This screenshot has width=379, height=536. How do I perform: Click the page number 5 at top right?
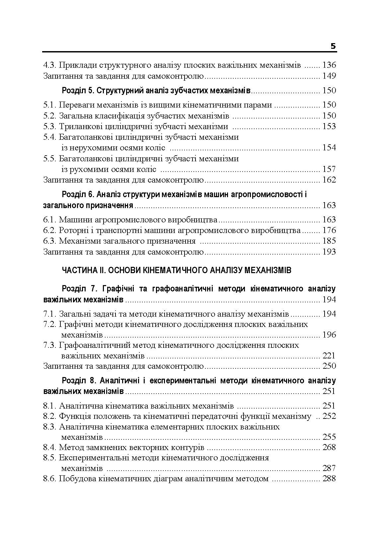pyautogui.click(x=333, y=46)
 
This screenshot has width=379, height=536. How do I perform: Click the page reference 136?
pyautogui.click(x=329, y=65)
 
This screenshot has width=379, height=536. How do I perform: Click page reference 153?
pyautogui.click(x=329, y=126)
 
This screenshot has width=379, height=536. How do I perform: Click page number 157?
pyautogui.click(x=329, y=169)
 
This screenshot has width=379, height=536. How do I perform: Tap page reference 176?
pyautogui.click(x=329, y=230)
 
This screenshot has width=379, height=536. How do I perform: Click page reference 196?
pyautogui.click(x=329, y=335)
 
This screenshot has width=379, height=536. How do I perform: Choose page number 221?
pyautogui.click(x=329, y=356)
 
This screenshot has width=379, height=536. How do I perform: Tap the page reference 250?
pyautogui.click(x=329, y=366)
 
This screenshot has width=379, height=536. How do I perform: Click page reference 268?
pyautogui.click(x=329, y=447)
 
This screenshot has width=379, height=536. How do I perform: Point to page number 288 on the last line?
pyautogui.click(x=329, y=479)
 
